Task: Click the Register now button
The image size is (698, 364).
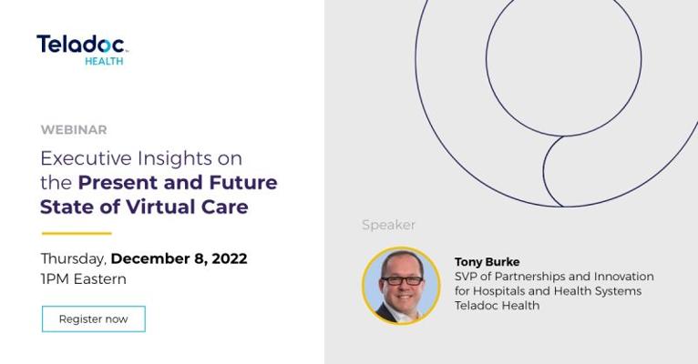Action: tap(94, 318)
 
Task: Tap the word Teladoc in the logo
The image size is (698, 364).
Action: tap(80, 45)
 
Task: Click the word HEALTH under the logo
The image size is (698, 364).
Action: tap(104, 61)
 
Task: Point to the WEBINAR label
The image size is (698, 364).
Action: tap(74, 130)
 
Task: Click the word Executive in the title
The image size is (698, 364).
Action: tap(86, 158)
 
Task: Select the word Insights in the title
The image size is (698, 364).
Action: tap(175, 158)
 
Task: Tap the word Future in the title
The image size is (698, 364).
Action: tap(243, 183)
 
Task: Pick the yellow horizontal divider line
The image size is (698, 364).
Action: tap(77, 233)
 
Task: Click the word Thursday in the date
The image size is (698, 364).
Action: tap(73, 258)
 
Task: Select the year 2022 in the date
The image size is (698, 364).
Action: tap(230, 258)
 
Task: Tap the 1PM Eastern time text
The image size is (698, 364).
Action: tap(83, 279)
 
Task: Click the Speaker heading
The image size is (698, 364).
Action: tap(388, 225)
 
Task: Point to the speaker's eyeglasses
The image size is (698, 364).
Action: tap(403, 281)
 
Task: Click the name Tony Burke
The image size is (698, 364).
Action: tap(487, 262)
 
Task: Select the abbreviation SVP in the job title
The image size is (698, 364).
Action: tap(466, 277)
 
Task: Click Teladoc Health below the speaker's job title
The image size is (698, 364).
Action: tap(497, 306)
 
